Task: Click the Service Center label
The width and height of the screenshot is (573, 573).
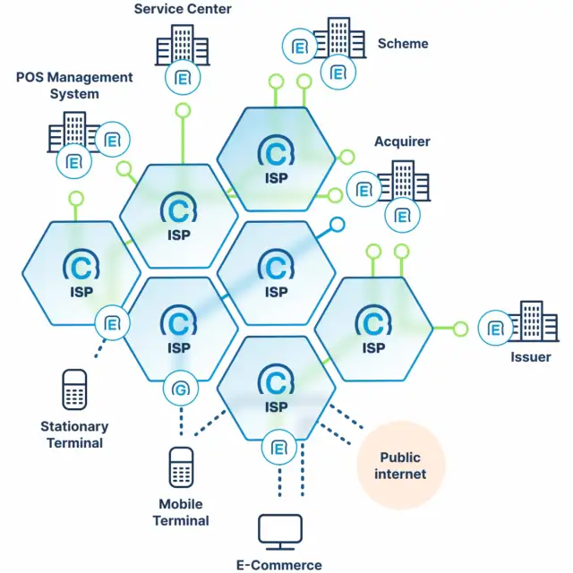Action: (x=183, y=9)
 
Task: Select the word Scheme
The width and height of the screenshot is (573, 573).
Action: (x=403, y=43)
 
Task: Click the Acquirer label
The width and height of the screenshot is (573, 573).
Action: (x=402, y=141)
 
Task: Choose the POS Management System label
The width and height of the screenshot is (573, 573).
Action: (x=74, y=85)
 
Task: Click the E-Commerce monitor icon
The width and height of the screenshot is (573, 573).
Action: (x=279, y=532)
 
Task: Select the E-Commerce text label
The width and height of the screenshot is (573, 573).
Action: (x=279, y=564)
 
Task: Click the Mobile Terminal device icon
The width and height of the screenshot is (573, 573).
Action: (x=182, y=467)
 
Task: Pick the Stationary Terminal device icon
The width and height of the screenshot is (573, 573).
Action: (x=74, y=390)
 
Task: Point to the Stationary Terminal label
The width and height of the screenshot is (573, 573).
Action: (x=74, y=434)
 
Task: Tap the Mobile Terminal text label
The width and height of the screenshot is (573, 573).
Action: (x=181, y=511)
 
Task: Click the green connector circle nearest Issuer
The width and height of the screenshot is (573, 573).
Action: (x=460, y=329)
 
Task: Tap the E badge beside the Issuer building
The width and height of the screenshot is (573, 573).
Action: (x=494, y=329)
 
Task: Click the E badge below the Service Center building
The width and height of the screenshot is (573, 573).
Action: (x=182, y=78)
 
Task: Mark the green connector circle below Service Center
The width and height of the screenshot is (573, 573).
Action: (x=183, y=111)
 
